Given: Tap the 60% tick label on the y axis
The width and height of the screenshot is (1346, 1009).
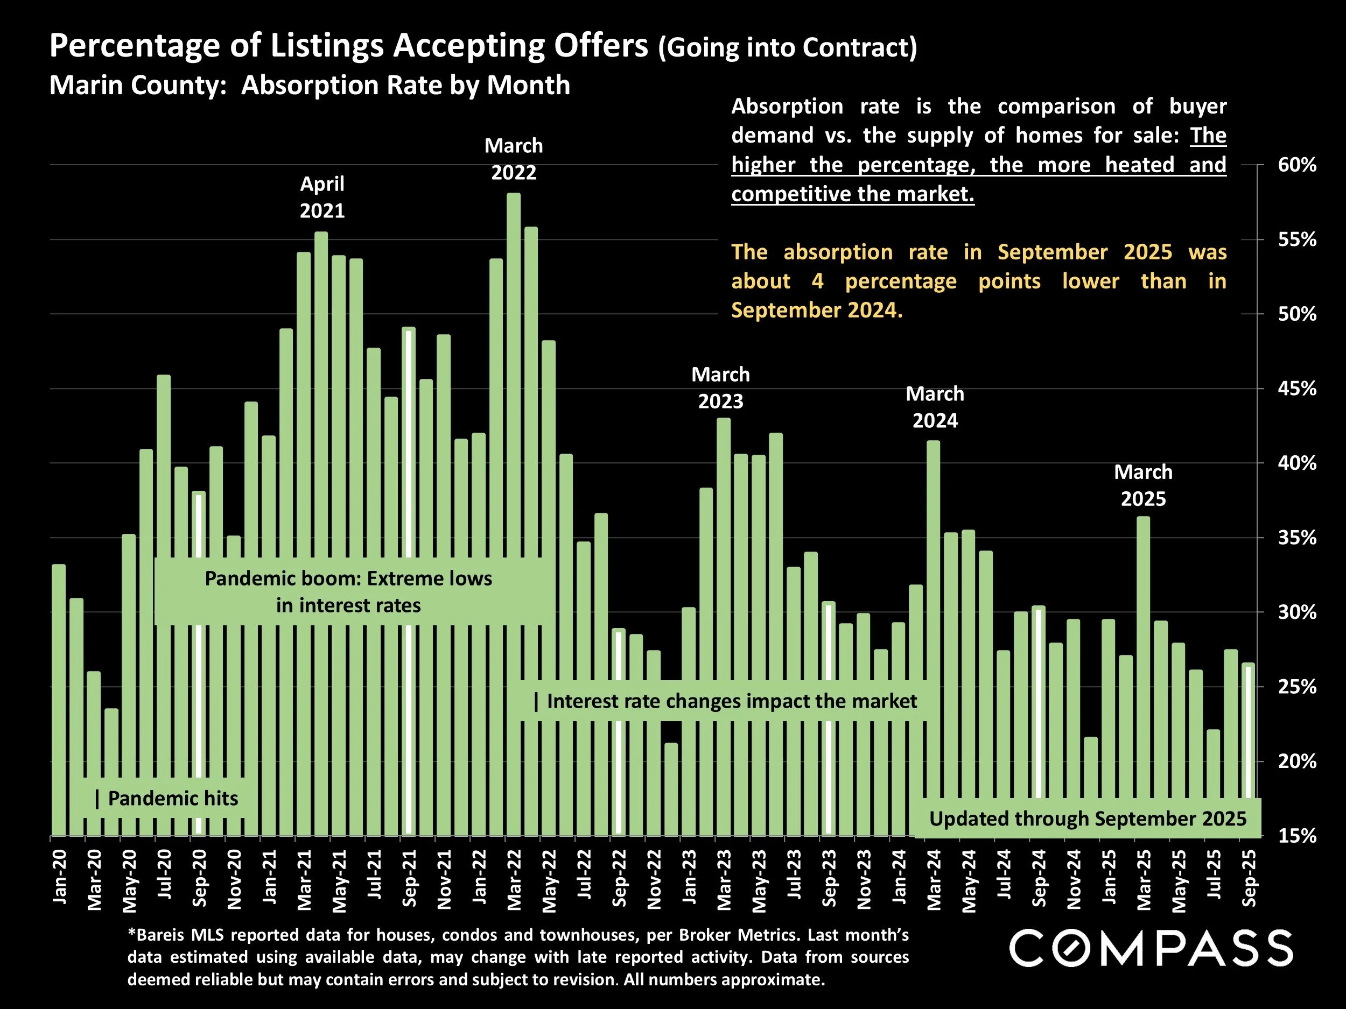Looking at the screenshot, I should click(x=1296, y=165).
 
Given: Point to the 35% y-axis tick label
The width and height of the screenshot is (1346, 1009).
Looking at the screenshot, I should click(x=1296, y=538).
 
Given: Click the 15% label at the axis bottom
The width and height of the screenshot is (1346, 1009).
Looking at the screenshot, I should click(x=1296, y=836).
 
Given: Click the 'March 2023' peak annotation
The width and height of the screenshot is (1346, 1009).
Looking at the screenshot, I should click(x=720, y=388).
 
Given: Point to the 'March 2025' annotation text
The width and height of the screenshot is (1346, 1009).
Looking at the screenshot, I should click(x=1143, y=485).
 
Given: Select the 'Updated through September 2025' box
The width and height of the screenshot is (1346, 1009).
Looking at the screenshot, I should click(x=1088, y=819).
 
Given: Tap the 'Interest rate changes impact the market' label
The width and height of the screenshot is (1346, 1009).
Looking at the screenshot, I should click(x=725, y=701).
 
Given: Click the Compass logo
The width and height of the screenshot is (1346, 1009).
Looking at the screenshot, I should click(x=1151, y=948).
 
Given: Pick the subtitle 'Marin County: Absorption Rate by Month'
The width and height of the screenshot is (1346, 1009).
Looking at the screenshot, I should click(x=309, y=85).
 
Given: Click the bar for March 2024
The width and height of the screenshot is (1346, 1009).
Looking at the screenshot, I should click(x=934, y=608).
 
